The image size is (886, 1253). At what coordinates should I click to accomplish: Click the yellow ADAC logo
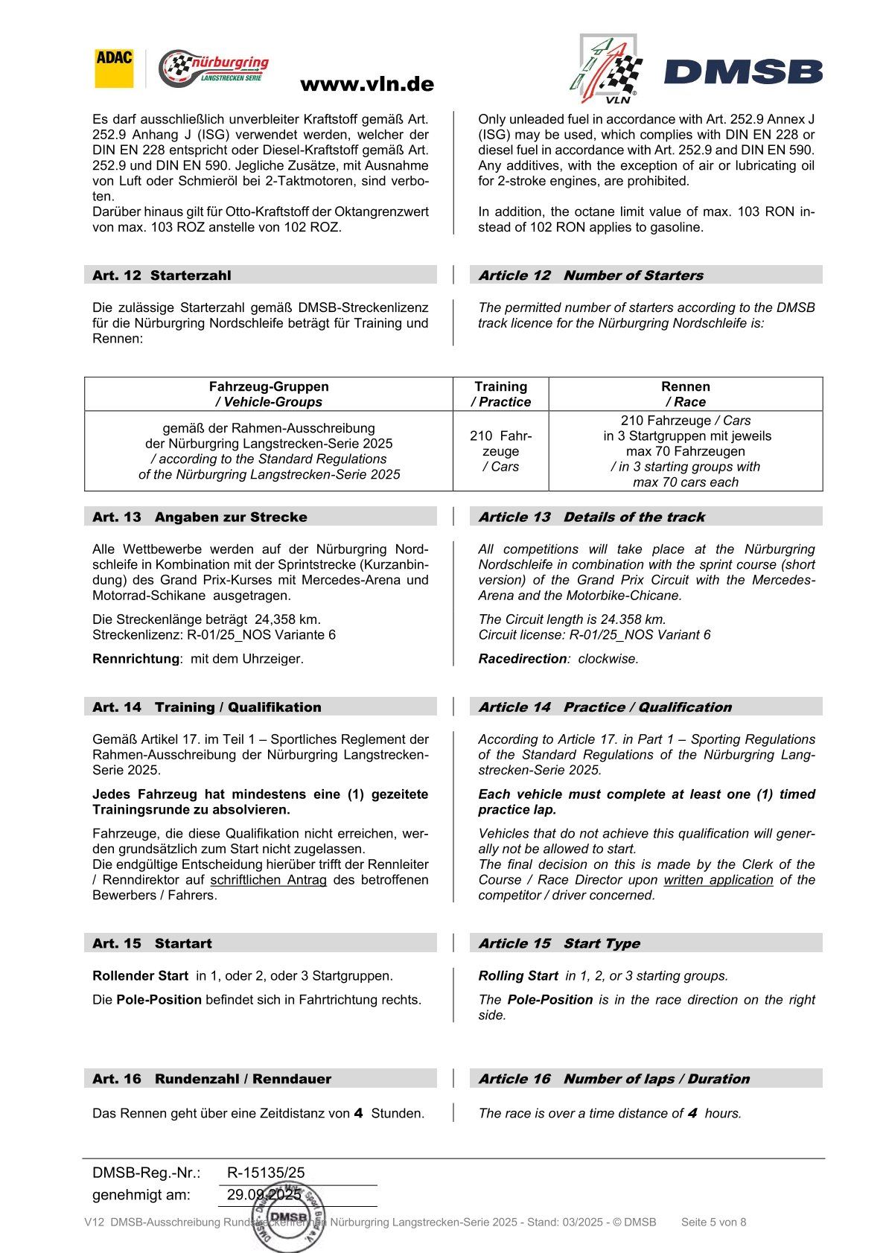pos(114,68)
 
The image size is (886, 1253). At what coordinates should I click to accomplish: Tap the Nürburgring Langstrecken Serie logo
pos(214,69)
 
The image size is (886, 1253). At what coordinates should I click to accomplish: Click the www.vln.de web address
pos(366,85)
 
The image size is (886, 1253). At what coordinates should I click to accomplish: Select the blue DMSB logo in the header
pos(743,72)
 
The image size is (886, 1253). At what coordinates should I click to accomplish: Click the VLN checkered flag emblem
pos(605,69)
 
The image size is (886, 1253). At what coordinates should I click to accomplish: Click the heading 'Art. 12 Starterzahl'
pos(162,275)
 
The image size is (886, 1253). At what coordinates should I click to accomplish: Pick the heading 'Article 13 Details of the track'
pos(591,517)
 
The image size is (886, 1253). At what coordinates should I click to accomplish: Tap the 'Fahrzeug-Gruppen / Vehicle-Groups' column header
pos(269,394)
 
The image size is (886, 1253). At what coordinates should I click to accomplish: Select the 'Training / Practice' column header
pos(500,394)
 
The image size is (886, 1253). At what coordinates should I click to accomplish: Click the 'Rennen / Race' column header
pos(685,394)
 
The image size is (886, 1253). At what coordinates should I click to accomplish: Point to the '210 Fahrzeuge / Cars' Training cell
pos(500,451)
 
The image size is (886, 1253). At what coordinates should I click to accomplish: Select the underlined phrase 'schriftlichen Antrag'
pos(268,880)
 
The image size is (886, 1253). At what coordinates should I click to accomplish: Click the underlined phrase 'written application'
pos(718,880)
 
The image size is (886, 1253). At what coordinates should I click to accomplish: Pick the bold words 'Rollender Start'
pos(140,976)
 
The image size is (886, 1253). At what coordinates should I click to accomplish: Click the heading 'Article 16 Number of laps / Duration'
pos(613,1080)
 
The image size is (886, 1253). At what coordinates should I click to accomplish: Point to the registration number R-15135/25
pos(266,1173)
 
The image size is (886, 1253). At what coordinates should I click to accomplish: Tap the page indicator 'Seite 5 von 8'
pos(713,1222)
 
